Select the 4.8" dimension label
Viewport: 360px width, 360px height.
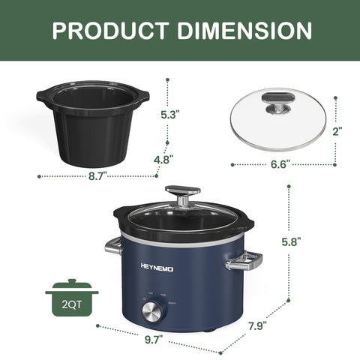(163, 159)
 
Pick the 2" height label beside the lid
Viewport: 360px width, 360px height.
(337, 130)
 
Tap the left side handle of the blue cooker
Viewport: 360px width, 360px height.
(112, 246)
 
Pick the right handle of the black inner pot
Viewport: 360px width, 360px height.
(143, 97)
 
